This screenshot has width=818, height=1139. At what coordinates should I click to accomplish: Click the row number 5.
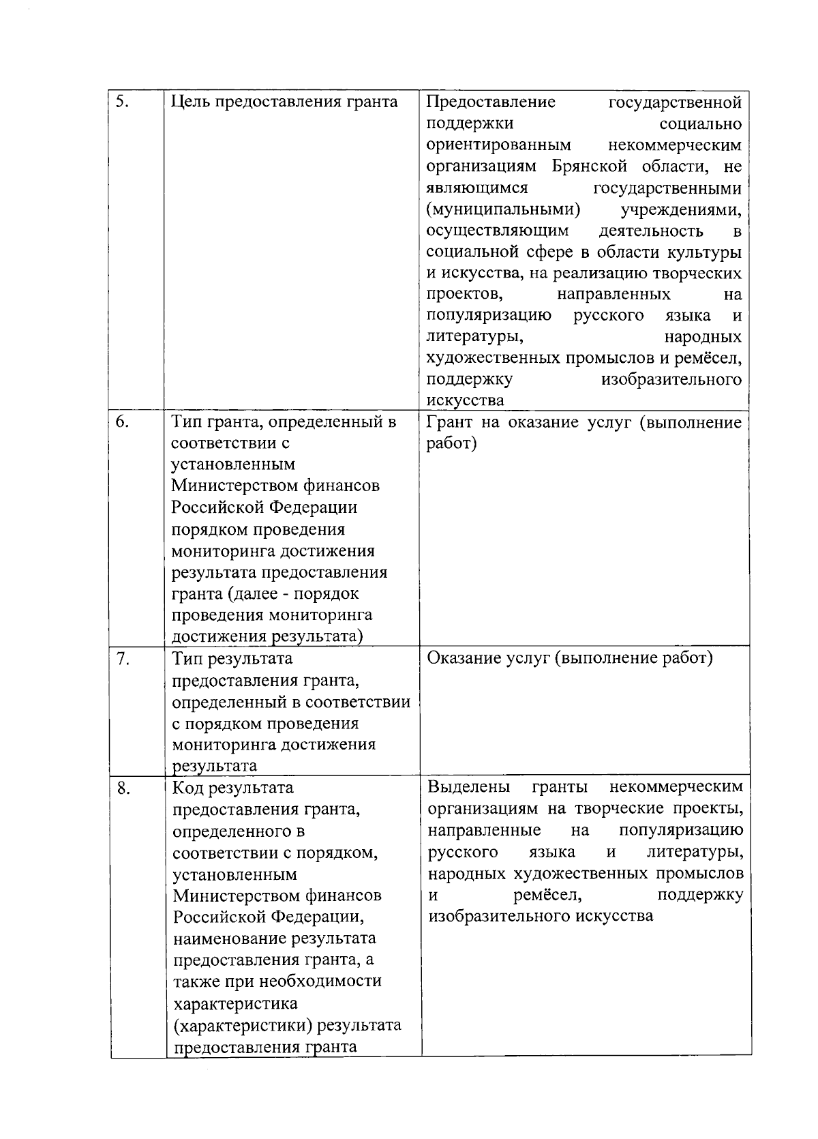[x=123, y=102]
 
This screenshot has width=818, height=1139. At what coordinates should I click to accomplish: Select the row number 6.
[x=123, y=421]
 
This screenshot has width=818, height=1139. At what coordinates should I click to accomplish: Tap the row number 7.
[x=123, y=659]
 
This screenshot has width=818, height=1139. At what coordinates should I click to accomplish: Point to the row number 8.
[x=123, y=788]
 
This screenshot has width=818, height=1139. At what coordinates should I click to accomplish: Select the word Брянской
[x=591, y=166]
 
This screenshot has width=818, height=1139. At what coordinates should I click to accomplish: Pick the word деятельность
[x=651, y=231]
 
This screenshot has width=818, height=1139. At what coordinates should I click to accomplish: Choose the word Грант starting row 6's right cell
[x=449, y=422]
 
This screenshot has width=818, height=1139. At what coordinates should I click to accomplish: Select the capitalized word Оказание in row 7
[x=463, y=658]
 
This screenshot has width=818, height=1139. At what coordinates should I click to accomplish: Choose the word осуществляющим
[x=498, y=231]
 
